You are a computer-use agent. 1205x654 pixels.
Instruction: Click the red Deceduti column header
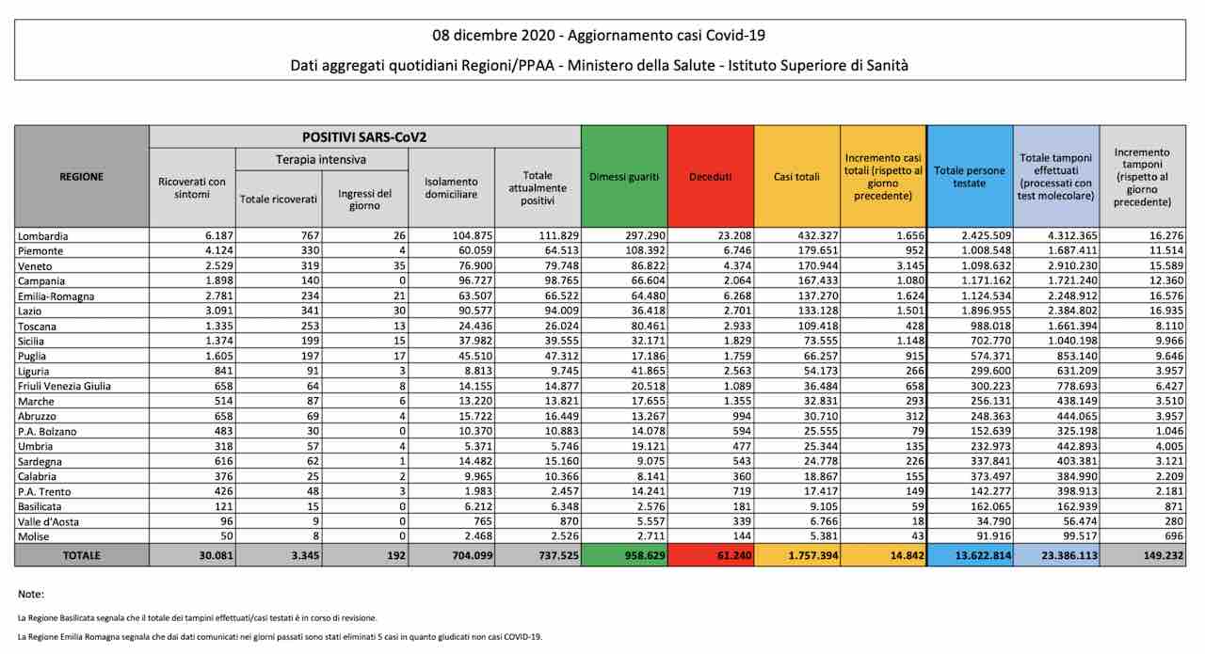[710, 176]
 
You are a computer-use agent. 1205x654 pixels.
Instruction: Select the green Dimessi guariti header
[624, 176]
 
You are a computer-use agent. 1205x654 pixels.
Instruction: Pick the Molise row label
[35, 536]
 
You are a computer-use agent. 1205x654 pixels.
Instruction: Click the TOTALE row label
[82, 556]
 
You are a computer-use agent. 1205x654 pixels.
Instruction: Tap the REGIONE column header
[82, 176]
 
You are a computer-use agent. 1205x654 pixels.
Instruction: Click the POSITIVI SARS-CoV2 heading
[364, 136]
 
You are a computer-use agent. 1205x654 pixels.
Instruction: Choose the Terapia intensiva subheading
[322, 160]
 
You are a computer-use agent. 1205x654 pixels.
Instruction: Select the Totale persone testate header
[970, 176]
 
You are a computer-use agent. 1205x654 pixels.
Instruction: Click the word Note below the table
[31, 594]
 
